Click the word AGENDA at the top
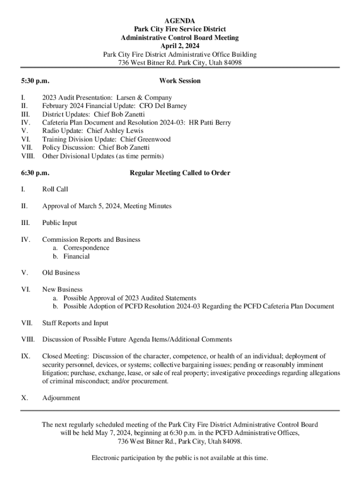pos(180,21)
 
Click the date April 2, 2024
pos(180,46)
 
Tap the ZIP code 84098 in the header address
pos(232,63)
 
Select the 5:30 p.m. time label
pos(35,81)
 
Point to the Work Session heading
pos(180,81)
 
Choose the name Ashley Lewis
pos(123,131)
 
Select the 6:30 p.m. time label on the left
pos(35,173)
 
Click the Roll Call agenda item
pos(55,189)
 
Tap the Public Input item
pos(60,223)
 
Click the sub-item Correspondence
pos(86,248)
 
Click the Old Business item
pos(61,273)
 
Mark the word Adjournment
pos(61,398)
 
